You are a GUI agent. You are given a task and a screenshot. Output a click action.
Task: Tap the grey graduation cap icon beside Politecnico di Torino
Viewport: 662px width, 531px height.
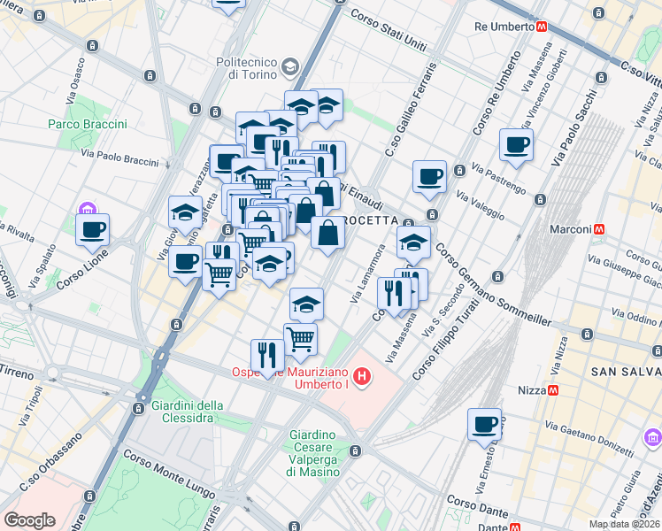coord(289,67)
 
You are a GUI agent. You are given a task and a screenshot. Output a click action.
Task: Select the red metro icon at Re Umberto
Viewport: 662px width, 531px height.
coord(541,27)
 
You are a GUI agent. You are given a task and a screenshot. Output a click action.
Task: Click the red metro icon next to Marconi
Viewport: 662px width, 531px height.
coord(600,228)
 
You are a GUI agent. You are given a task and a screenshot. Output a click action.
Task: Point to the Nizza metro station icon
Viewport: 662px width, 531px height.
coord(554,389)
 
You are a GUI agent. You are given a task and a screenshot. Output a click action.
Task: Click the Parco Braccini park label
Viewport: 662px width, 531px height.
coord(88,124)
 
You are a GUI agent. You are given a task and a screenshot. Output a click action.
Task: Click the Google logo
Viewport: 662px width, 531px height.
coord(29,519)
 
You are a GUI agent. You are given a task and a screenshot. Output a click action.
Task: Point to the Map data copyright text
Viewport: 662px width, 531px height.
coord(623,524)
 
